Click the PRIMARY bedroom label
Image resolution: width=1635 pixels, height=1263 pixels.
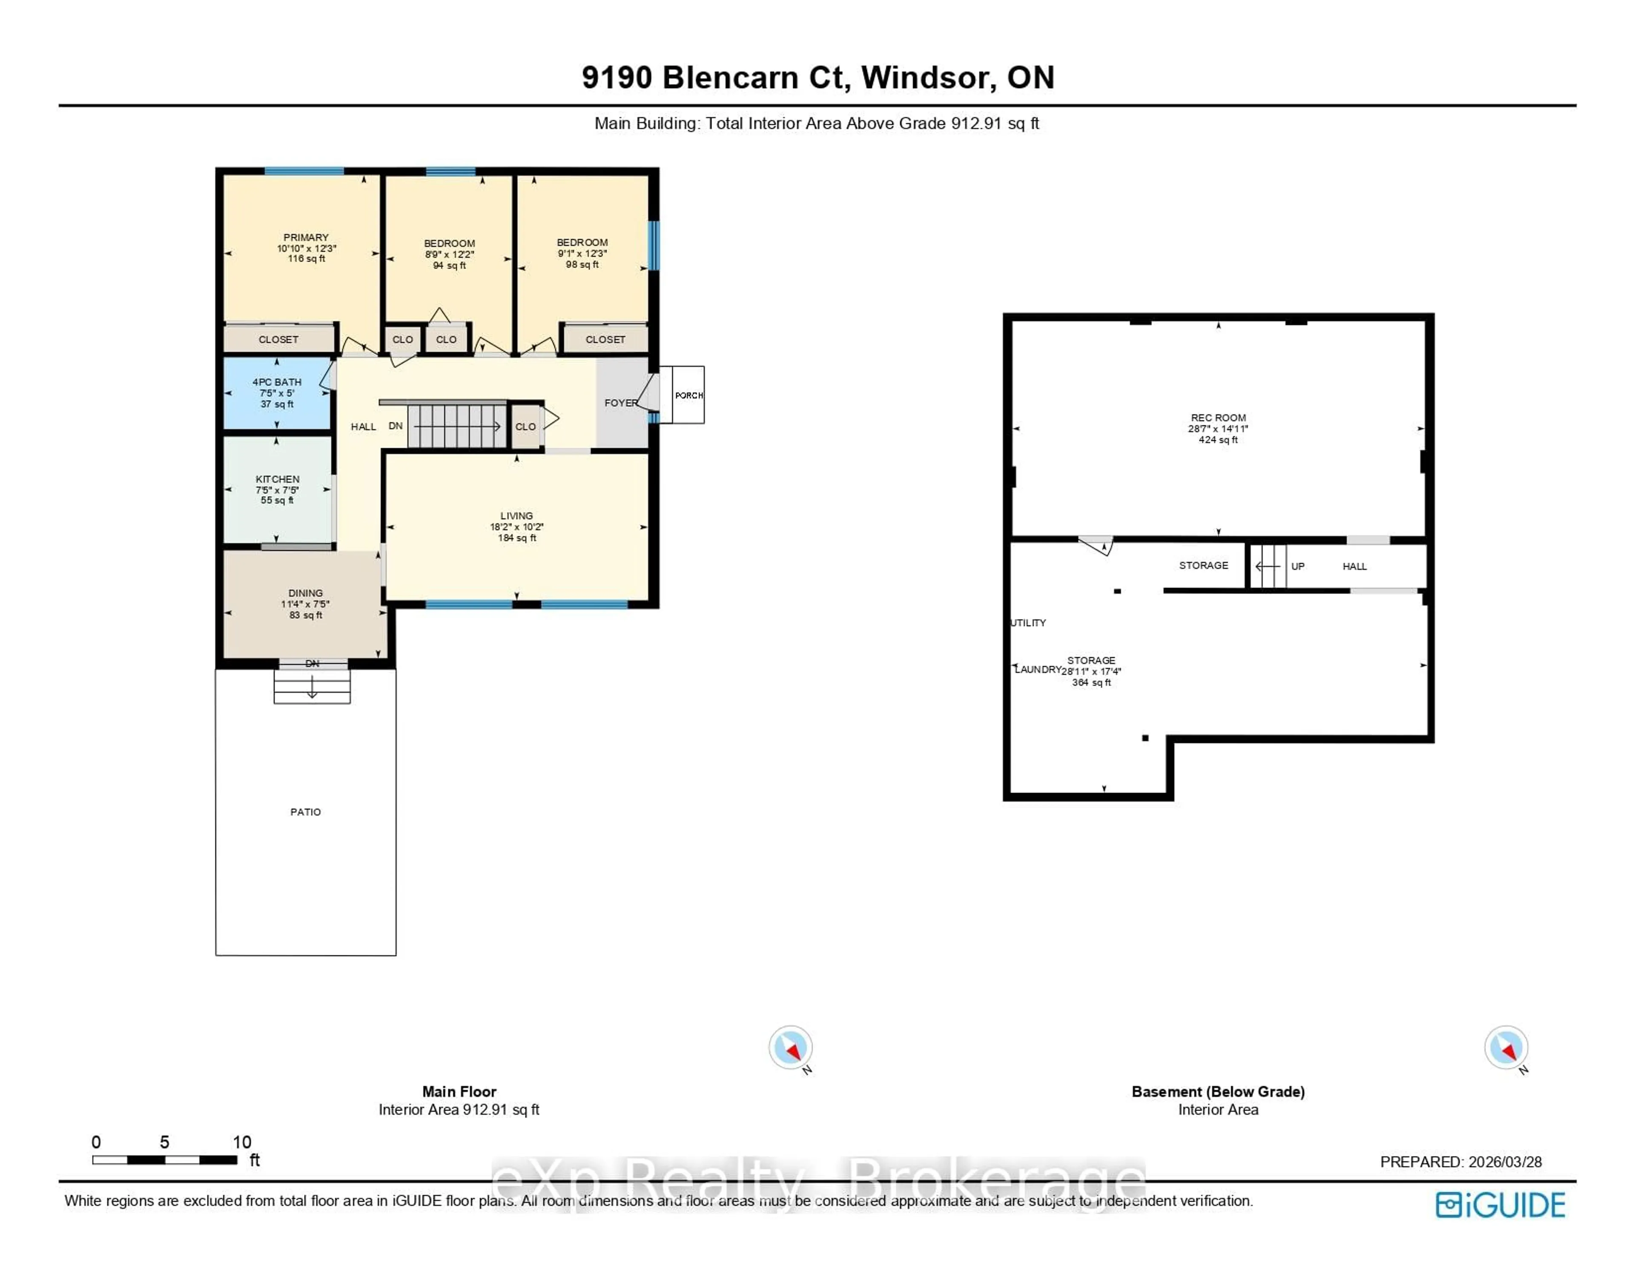tap(305, 238)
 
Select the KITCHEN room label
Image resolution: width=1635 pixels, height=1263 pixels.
tap(277, 479)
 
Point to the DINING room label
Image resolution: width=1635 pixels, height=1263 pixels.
tap(305, 593)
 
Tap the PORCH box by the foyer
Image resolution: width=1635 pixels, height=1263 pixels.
tap(688, 395)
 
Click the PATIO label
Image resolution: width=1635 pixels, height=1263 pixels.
tap(305, 811)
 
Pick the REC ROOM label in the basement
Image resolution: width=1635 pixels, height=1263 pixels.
tap(1218, 418)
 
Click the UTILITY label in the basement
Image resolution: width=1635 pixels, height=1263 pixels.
tap(1029, 623)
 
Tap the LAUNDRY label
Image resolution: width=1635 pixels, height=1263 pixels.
tap(1038, 669)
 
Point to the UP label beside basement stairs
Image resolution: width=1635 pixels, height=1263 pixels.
tap(1297, 567)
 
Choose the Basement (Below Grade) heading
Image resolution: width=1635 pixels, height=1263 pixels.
tap(1218, 1091)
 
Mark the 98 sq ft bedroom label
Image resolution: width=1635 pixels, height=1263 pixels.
tap(582, 264)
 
